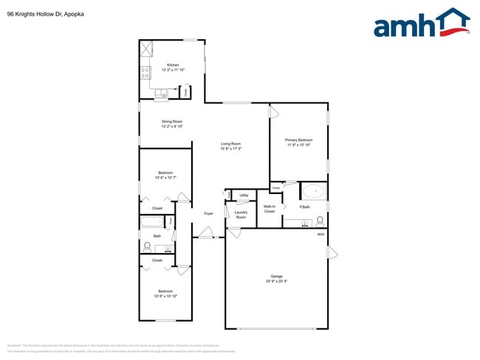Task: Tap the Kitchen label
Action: (173, 65)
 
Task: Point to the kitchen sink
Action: (162, 92)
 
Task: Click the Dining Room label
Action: (172, 121)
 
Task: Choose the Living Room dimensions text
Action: (231, 149)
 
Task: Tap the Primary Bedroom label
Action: (299, 139)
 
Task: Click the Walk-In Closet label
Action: (270, 209)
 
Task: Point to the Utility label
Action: (244, 195)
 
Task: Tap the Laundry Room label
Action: (241, 215)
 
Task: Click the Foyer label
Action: (209, 213)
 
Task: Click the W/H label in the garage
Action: (320, 235)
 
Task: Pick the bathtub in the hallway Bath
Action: (152, 222)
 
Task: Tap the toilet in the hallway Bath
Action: (147, 246)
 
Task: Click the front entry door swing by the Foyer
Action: (205, 234)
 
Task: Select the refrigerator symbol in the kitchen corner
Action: (146, 48)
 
